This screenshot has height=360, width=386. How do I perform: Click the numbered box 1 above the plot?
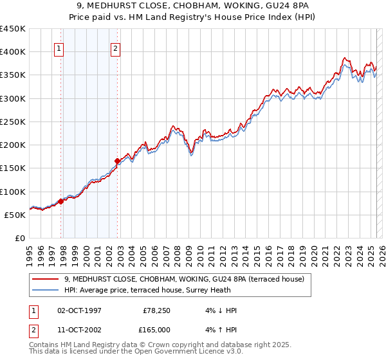pyautogui.click(x=59, y=48)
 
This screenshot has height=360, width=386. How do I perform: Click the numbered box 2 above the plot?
pyautogui.click(x=115, y=48)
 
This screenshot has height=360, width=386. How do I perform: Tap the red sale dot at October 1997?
pyautogui.click(x=61, y=201)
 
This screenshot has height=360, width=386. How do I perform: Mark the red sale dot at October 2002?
pyautogui.click(x=118, y=161)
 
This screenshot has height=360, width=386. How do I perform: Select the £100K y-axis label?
pyautogui.click(x=13, y=192)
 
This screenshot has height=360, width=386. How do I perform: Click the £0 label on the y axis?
pyautogui.click(x=20, y=238)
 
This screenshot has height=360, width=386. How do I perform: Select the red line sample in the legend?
pyautogui.click(x=46, y=279)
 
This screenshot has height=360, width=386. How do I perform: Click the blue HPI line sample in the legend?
pyautogui.click(x=46, y=289)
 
